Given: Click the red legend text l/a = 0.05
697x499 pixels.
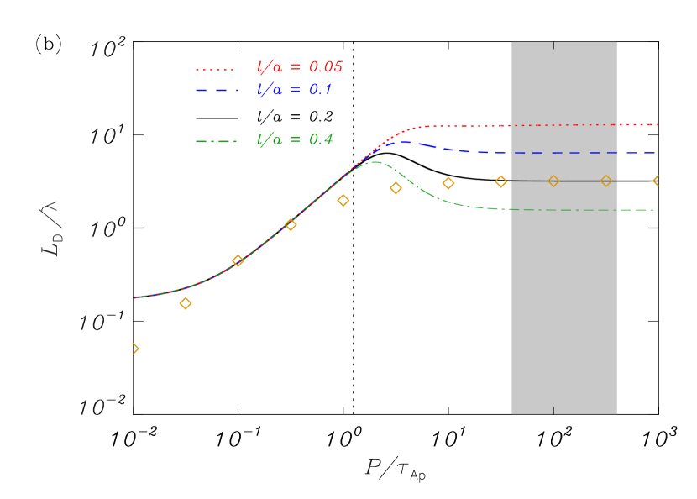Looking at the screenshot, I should (300, 68).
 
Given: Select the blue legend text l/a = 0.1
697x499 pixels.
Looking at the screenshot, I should (295, 90).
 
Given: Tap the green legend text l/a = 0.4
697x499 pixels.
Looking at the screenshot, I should (295, 140).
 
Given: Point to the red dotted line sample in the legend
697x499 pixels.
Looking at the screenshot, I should (216, 69).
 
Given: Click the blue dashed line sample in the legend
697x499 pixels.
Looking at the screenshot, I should (216, 90).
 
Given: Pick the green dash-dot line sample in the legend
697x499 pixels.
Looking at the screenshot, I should (216, 141).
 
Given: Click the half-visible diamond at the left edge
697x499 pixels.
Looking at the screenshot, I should (135, 348).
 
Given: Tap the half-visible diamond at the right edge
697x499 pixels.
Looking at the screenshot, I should (658, 181).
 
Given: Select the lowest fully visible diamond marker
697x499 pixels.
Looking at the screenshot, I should (186, 303).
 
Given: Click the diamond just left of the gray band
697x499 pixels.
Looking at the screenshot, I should (501, 181).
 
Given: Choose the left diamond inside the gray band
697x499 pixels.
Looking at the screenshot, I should (553, 181).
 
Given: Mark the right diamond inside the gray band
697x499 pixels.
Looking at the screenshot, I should (606, 181).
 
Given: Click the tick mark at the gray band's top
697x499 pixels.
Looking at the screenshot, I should (553, 45).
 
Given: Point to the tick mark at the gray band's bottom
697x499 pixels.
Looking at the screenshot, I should (553, 411).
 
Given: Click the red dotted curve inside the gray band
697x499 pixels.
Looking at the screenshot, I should (564, 125).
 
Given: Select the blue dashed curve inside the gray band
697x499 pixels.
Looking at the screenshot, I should (564, 153).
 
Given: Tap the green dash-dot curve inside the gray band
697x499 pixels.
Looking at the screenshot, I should (564, 209).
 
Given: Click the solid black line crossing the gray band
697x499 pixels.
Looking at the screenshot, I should (579, 181).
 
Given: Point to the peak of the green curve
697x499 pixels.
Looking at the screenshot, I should (373, 161).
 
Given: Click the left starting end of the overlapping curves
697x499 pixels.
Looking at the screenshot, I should (136, 297).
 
